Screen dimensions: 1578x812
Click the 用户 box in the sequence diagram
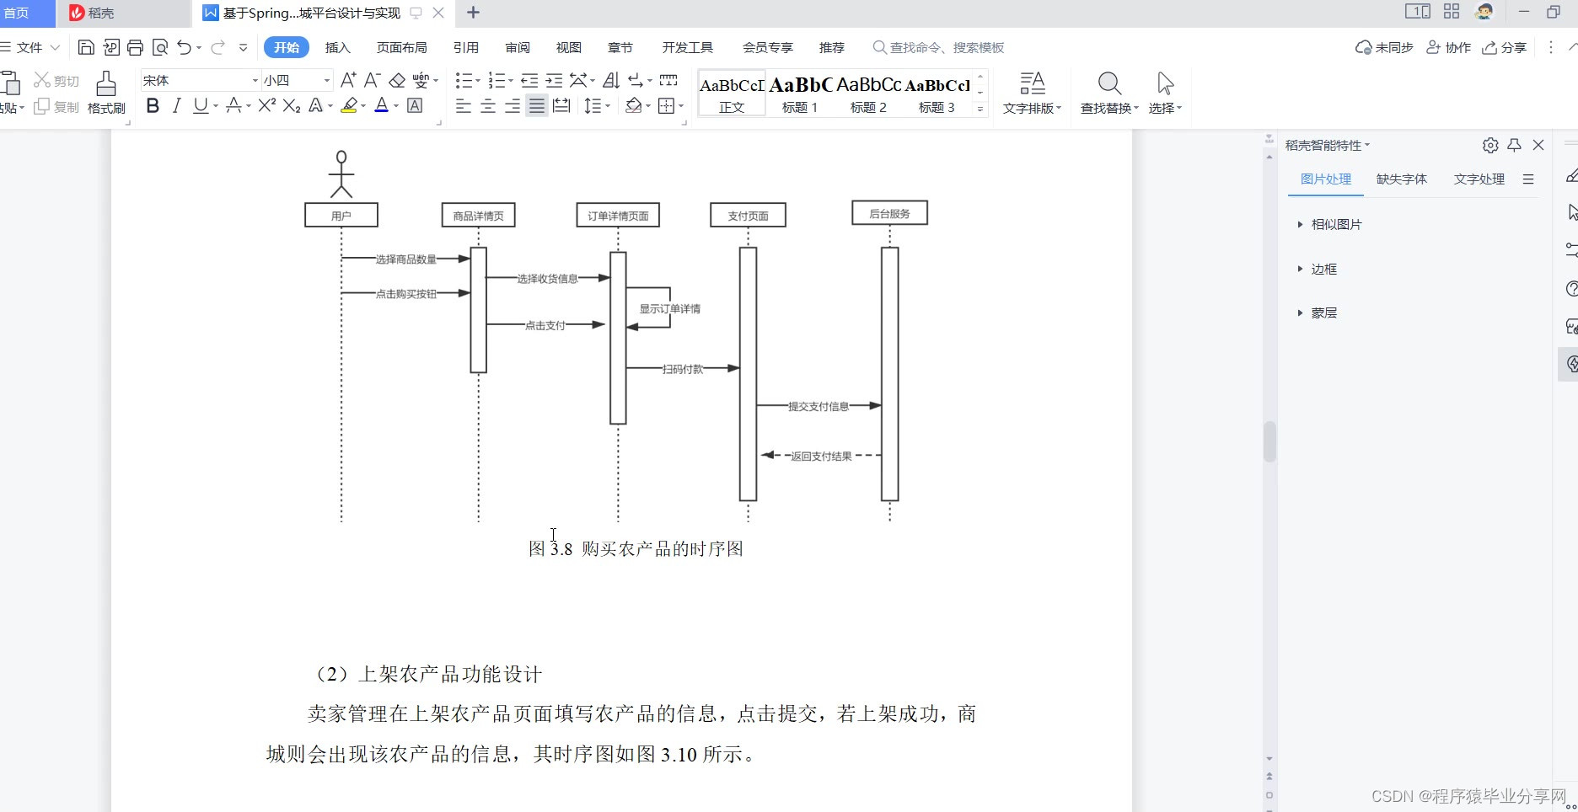pos(341,216)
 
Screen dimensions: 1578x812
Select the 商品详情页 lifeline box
pos(478,216)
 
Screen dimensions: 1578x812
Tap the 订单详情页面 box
pos(618,216)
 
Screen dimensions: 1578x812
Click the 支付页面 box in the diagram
pos(748,216)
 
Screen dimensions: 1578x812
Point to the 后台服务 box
pos(889,214)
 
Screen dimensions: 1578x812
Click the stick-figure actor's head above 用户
pos(341,157)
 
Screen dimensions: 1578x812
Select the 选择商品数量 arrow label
pos(405,259)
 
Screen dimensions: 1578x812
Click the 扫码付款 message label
pos(682,369)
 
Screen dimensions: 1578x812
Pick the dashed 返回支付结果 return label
pos(821,457)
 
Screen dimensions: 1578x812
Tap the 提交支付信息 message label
pos(818,407)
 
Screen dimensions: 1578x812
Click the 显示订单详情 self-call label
pos(669,309)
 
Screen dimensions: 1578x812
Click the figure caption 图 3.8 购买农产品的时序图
pos(636,549)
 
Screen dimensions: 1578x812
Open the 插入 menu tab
pos(337,48)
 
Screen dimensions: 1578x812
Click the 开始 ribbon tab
pos(287,48)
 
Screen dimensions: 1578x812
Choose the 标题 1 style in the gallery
pos(799,93)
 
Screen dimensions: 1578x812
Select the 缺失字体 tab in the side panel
pos(1401,179)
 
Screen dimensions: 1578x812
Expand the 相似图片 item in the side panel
pos(1336,225)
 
